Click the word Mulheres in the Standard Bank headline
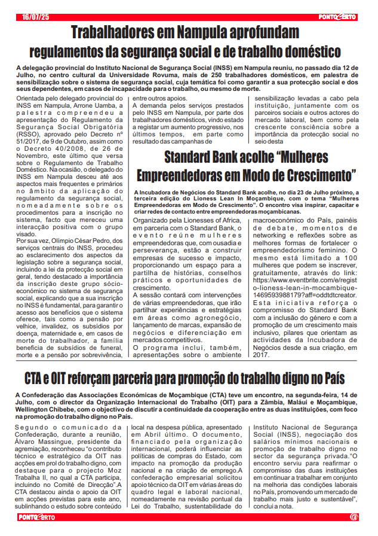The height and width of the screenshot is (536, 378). click(x=297, y=158)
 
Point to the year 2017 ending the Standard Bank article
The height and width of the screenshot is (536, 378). click(x=262, y=355)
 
